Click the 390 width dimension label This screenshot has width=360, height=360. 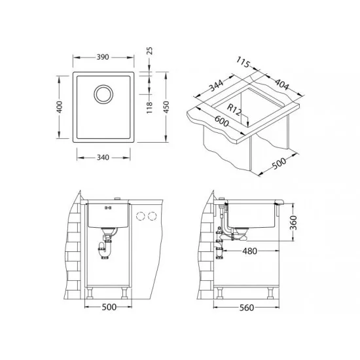click(102, 57)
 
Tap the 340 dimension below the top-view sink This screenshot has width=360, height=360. click(103, 158)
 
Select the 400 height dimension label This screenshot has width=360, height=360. click(60, 107)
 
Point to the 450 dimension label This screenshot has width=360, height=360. click(166, 107)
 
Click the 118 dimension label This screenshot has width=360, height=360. click(149, 107)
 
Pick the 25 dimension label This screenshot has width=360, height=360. click(149, 51)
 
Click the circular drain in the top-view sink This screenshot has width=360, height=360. click(103, 94)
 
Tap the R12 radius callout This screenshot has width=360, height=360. click(234, 110)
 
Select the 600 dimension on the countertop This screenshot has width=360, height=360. click(222, 121)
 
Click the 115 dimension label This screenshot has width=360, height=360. click(243, 62)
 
